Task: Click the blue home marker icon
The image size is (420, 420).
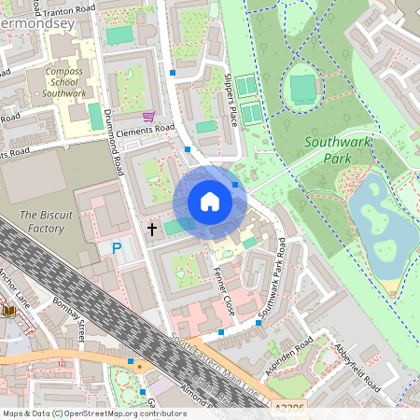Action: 210,202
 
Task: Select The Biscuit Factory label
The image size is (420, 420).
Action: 41,222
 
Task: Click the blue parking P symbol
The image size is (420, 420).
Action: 117,248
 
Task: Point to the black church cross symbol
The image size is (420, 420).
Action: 151,228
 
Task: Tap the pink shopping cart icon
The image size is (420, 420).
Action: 148,117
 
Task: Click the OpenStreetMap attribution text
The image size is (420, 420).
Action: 93,413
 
